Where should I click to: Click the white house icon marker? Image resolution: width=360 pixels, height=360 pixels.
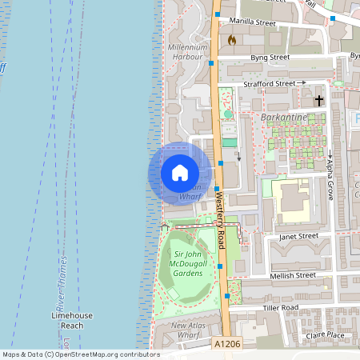(x=180, y=173)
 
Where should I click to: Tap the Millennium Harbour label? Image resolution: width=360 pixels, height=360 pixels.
(x=188, y=53)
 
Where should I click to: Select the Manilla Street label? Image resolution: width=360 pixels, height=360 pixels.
(x=252, y=22)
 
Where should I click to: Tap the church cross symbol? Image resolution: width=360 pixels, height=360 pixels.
(x=319, y=101)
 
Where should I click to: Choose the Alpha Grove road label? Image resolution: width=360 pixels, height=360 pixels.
(x=330, y=178)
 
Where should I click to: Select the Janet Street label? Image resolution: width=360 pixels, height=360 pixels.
(x=298, y=237)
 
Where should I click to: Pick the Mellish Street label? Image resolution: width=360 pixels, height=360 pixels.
(x=293, y=274)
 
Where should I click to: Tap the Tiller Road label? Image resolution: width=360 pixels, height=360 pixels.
(x=279, y=307)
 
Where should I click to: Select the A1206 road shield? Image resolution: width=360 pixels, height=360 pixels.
(x=226, y=344)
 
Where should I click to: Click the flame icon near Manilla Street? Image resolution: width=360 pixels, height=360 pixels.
(x=232, y=39)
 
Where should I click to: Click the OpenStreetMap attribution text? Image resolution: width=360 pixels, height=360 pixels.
(x=80, y=354)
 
